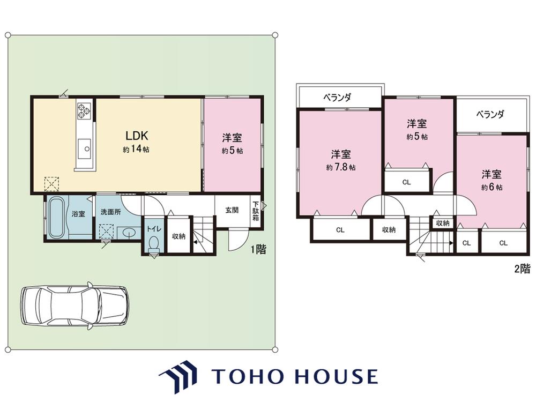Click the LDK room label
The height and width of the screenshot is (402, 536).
pos(137,136)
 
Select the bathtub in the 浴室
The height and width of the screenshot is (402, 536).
pos(56,218)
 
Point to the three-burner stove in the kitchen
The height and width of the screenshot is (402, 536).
pos(84,111)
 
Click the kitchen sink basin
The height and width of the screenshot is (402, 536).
pos(85,148)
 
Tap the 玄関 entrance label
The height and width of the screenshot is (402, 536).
pos(232,210)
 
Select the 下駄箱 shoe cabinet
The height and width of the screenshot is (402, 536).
pos(256,211)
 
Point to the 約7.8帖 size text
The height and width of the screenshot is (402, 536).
pos(340,167)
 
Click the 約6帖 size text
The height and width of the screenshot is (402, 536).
pos(492,187)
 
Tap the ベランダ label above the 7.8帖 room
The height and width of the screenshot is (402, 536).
pos(337,98)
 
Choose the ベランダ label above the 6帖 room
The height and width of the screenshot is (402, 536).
pos(490,114)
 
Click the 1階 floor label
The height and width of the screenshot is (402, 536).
pos(258,249)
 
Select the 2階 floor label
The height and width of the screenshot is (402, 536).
pos(523,269)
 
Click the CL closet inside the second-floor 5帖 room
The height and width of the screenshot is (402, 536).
pos(406,180)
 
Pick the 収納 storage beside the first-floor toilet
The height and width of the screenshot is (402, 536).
pos(178,235)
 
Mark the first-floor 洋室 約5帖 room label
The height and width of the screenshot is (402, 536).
pos(232,144)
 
